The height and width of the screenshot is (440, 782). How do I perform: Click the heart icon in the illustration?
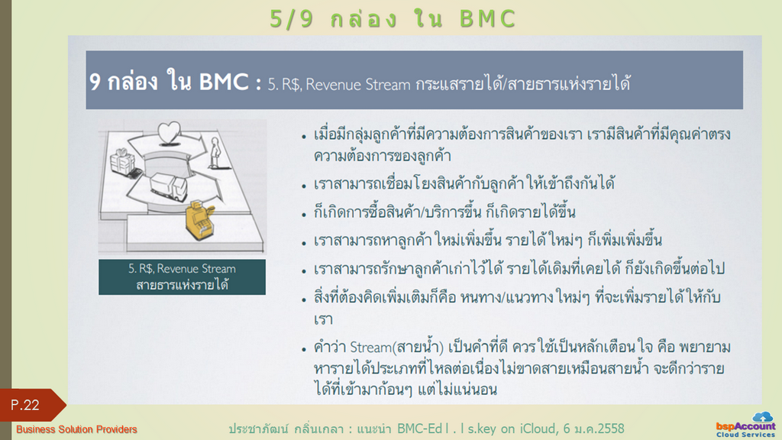(x=169, y=133)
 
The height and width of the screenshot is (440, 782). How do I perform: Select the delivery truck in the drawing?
(x=168, y=186)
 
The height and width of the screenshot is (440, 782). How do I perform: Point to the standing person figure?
(x=215, y=153)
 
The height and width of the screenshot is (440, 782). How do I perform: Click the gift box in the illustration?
(x=122, y=160)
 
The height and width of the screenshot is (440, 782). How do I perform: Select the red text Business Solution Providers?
(x=76, y=429)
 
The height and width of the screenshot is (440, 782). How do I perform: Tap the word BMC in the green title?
(x=487, y=19)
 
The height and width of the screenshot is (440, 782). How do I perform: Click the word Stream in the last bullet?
(x=370, y=347)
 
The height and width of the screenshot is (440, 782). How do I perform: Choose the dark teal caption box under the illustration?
(x=182, y=277)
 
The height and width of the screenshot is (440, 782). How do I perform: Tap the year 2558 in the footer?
(x=609, y=429)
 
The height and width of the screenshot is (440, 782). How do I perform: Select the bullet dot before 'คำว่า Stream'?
(x=304, y=350)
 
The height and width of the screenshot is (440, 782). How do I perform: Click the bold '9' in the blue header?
(x=95, y=82)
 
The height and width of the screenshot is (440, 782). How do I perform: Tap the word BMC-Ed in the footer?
(x=420, y=429)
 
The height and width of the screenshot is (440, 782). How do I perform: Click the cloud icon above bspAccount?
(x=762, y=416)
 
